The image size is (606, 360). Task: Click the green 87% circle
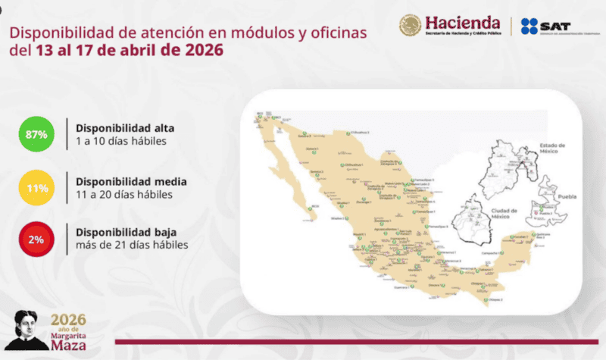pos(36,134)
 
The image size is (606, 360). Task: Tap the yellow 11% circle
pos(36,187)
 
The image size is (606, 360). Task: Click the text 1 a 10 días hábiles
pos(120,142)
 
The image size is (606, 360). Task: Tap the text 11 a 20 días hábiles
pos(123,195)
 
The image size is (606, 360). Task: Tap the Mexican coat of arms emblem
pos(411,26)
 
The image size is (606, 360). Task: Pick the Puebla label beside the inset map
pos(567,197)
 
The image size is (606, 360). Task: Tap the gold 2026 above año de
pos(68,319)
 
